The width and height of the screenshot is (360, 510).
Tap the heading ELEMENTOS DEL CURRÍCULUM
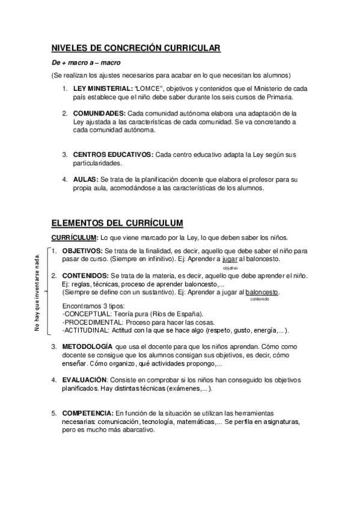117,222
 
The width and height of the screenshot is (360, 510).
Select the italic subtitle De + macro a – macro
85,63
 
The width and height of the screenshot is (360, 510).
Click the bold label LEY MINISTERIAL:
103,88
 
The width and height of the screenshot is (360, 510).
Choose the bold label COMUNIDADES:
99,113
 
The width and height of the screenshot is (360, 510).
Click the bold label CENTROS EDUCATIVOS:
112,155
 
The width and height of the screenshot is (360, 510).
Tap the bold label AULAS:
85,179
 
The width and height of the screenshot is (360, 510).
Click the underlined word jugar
230,259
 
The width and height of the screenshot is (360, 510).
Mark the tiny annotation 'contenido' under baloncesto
260,299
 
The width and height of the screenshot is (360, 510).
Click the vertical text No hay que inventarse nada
37,292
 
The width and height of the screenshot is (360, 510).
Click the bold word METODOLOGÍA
87,348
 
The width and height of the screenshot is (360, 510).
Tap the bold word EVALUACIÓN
84,380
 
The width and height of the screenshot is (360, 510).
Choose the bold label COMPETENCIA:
87,414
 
